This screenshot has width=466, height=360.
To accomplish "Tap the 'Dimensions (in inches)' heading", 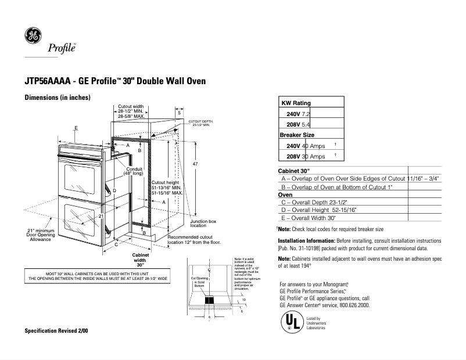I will [57, 97].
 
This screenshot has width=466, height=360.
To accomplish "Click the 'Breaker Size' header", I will [297, 135].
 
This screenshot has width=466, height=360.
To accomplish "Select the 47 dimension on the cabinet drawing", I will [195, 164].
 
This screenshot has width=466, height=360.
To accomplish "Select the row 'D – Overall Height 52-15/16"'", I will [318, 210].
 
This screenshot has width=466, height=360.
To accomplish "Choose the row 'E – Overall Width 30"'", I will [309, 217].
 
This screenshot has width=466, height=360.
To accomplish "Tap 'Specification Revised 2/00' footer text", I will [56, 331].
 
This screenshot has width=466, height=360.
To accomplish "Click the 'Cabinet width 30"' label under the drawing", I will [140, 260].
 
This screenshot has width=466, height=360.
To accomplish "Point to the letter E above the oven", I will [76, 127].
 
